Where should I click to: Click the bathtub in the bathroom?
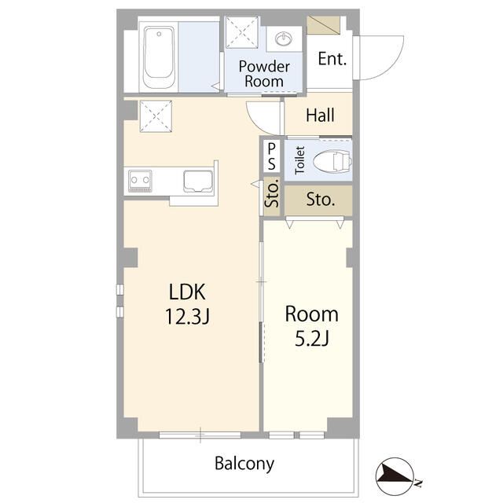[x=159, y=57]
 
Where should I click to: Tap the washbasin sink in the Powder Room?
[x=284, y=39]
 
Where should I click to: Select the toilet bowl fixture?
[x=332, y=160]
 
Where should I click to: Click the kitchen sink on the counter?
[x=198, y=182]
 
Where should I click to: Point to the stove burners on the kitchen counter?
[x=140, y=181]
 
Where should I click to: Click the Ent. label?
[x=332, y=59]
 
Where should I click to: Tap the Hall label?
[x=320, y=116]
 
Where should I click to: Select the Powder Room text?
[x=264, y=74]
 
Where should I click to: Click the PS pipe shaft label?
[x=271, y=156]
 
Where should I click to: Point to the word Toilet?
[x=299, y=160]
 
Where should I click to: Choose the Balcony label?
[x=244, y=464]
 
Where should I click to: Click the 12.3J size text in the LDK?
[x=187, y=316]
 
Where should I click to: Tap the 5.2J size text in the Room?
[x=311, y=339]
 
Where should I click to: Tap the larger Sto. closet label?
[x=321, y=200]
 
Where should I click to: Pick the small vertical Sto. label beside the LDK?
[x=272, y=196]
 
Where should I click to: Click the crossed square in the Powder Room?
[x=242, y=32]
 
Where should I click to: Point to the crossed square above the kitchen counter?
[x=156, y=116]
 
